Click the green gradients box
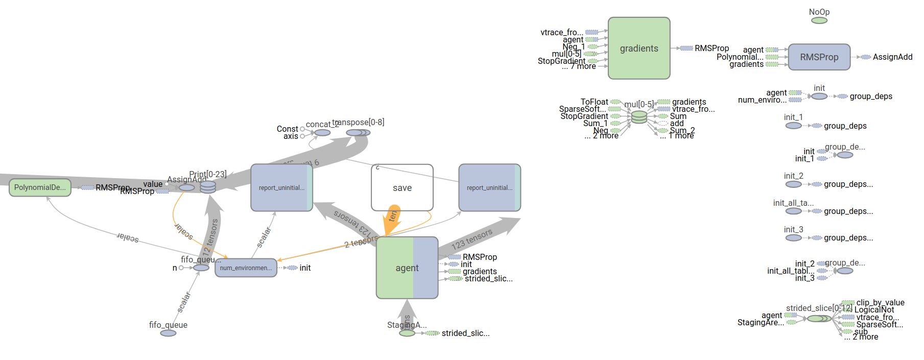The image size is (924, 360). (638, 49)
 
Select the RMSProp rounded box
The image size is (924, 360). (819, 57)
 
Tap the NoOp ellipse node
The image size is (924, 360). (819, 20)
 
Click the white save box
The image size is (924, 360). (402, 187)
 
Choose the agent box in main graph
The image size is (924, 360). (407, 268)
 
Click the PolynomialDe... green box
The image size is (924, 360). (40, 187)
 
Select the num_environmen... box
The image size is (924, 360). (246, 268)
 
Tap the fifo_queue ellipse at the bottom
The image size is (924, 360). (168, 333)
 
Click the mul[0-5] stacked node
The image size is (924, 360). (639, 117)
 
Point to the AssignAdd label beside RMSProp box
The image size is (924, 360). (892, 57)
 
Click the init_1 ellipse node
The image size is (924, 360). (793, 126)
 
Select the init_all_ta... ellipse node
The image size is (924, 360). (793, 211)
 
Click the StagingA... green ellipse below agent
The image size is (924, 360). (407, 333)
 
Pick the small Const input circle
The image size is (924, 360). (302, 129)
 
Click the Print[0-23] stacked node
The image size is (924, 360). (208, 187)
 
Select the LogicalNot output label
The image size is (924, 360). (874, 309)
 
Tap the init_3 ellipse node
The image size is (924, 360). (793, 238)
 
